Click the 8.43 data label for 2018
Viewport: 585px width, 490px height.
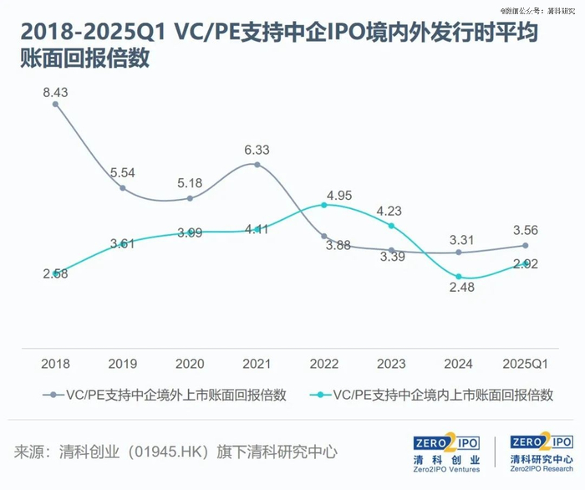pyautogui.click(x=56, y=93)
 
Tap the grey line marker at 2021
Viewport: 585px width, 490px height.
pyautogui.click(x=257, y=165)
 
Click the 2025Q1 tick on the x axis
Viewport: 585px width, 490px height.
pyautogui.click(x=525, y=364)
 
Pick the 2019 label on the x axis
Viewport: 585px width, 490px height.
pyautogui.click(x=123, y=364)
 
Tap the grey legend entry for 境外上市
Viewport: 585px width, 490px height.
pyautogui.click(x=167, y=396)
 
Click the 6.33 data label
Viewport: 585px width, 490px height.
pyautogui.click(x=257, y=151)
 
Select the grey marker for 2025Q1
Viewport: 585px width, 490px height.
pyautogui.click(x=525, y=245)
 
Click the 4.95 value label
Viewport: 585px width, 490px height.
pyautogui.click(x=339, y=196)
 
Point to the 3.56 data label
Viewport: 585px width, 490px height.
pyautogui.click(x=525, y=231)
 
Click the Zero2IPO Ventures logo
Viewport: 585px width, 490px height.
pyautogui.click(x=448, y=452)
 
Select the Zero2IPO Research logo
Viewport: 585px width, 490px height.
pyautogui.click(x=541, y=452)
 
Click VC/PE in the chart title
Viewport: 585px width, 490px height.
pyautogui.click(x=210, y=33)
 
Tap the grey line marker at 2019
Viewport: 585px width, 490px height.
pyautogui.click(x=123, y=188)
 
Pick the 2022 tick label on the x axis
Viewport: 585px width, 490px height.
pyautogui.click(x=323, y=364)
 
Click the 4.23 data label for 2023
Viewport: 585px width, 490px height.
pyautogui.click(x=391, y=211)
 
